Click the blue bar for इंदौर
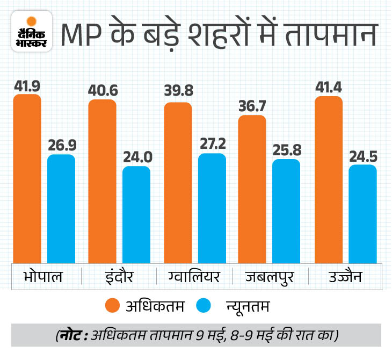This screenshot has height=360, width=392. pyautogui.click(x=136, y=214)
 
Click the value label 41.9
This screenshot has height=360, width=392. pyautogui.click(x=27, y=85)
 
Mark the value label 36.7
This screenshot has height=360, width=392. pyautogui.click(x=252, y=106)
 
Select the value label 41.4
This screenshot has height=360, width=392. pyautogui.click(x=328, y=87)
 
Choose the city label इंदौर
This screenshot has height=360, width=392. pyautogui.click(x=118, y=277)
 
